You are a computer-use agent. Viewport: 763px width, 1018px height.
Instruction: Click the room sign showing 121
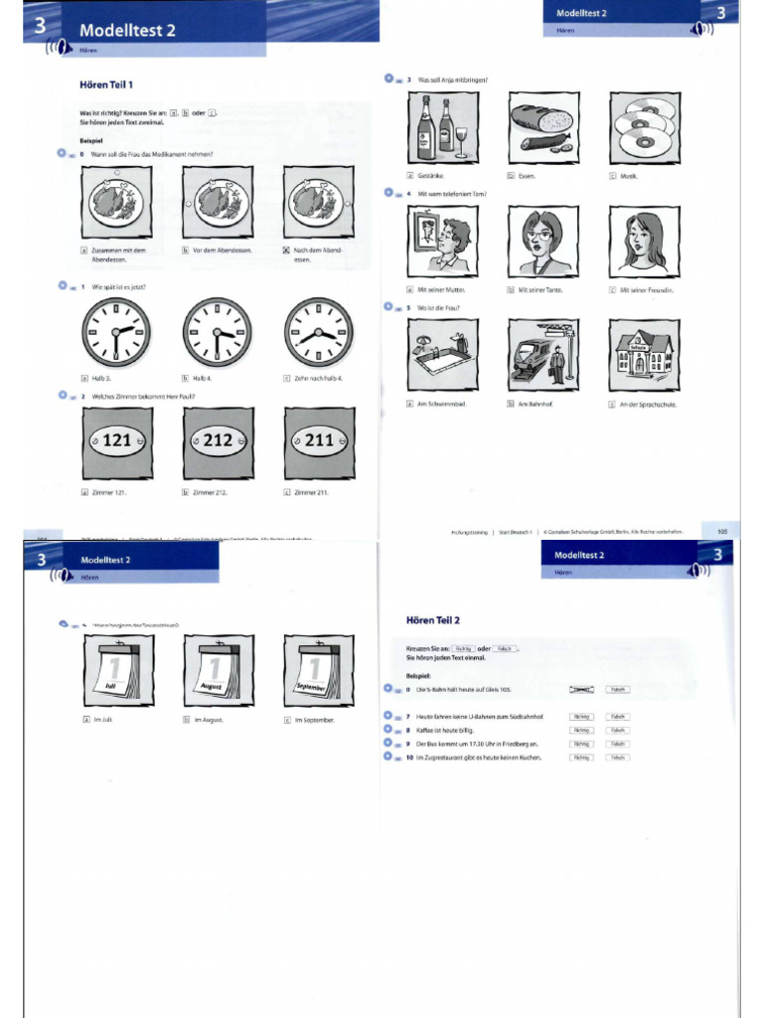coord(117,440)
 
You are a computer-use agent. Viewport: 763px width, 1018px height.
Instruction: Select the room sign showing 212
coord(218,440)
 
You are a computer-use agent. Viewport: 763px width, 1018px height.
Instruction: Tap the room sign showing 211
coord(319,440)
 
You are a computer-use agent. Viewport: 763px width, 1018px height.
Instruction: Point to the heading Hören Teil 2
coord(433,620)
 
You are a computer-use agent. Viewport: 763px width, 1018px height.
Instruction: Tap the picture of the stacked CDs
coord(644,128)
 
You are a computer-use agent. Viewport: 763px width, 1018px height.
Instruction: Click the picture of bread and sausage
coord(542,128)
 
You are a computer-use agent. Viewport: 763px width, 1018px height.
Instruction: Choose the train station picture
coord(542,355)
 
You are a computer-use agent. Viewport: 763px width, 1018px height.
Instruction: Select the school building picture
coord(644,355)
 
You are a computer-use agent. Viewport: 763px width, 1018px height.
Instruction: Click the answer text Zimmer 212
coord(210,491)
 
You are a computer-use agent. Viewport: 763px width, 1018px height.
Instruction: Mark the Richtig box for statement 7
coord(581,716)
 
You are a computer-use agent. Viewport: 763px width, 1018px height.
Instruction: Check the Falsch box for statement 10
coord(618,758)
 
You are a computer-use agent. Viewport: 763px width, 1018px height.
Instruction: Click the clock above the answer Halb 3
coord(117,331)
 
